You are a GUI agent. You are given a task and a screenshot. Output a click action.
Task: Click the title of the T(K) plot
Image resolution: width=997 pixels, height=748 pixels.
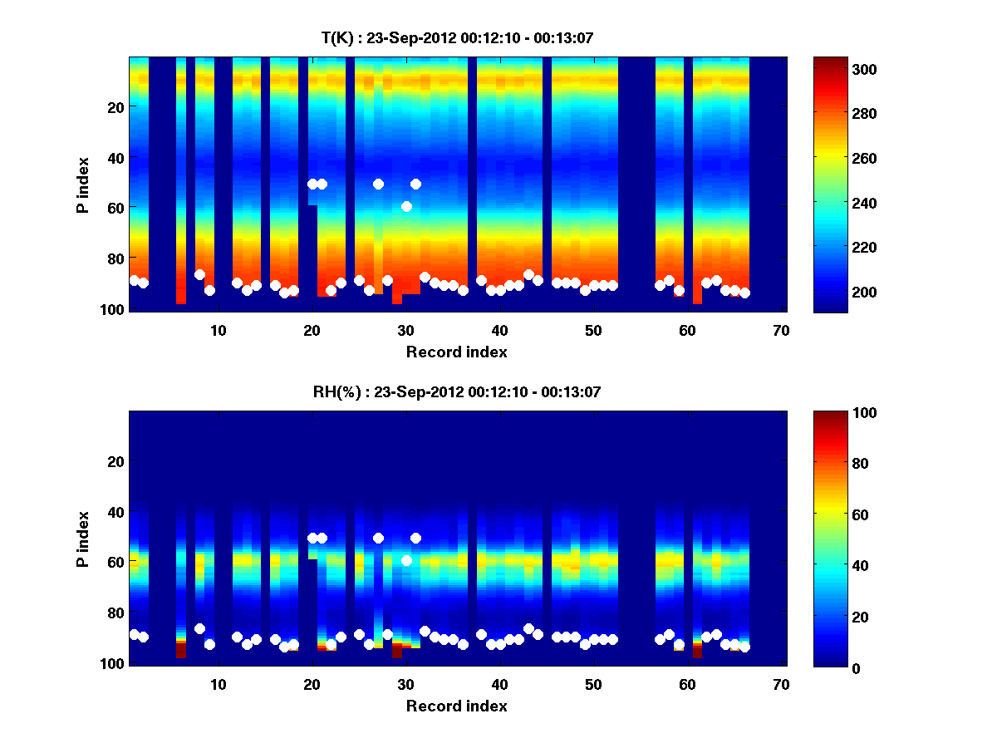[457, 37]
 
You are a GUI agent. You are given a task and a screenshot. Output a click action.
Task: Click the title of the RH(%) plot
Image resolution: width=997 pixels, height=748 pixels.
[457, 391]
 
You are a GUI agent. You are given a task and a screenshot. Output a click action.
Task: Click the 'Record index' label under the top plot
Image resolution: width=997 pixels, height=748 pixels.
[457, 352]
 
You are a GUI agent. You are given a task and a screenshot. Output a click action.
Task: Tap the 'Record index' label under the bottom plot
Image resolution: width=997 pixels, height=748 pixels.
[457, 706]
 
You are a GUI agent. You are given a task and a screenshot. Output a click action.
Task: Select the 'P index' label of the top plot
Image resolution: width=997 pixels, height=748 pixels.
[82, 185]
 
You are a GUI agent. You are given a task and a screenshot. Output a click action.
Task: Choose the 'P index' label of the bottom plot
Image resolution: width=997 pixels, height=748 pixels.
[82, 539]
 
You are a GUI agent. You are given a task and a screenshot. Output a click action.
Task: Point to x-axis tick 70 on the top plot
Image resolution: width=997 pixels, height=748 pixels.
[781, 330]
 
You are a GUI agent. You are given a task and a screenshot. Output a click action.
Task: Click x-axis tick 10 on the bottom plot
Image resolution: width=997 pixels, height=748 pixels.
[218, 684]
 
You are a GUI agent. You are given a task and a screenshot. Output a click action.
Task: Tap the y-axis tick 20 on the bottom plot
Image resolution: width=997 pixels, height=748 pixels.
[116, 461]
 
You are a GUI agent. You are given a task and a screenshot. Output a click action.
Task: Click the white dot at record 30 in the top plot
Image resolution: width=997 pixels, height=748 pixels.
[406, 206]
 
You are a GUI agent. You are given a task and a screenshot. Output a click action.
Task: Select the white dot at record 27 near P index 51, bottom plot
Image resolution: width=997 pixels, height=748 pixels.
[378, 538]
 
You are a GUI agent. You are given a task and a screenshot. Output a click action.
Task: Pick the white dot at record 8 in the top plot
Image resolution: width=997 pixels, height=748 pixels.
[199, 274]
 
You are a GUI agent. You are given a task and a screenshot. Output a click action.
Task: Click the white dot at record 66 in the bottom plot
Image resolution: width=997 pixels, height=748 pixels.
[744, 647]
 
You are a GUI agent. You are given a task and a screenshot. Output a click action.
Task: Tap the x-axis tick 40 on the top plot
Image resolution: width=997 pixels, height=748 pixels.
[499, 330]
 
